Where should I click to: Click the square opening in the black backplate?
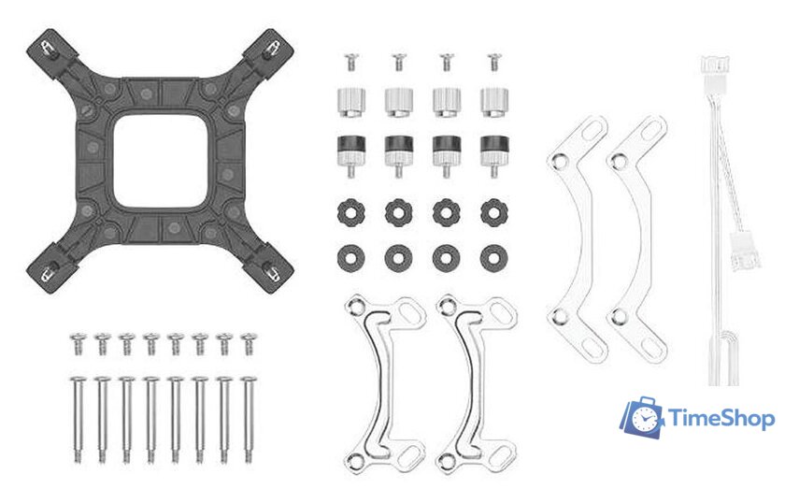tap(160, 162)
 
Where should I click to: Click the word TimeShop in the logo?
tap(721, 419)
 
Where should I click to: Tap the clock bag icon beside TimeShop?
tap(643, 418)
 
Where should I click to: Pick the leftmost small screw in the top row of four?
tap(351, 62)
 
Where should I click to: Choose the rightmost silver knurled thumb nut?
tap(494, 102)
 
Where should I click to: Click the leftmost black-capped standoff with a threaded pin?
tap(351, 155)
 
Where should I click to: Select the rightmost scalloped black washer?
tap(493, 212)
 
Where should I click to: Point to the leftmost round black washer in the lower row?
tap(351, 259)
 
